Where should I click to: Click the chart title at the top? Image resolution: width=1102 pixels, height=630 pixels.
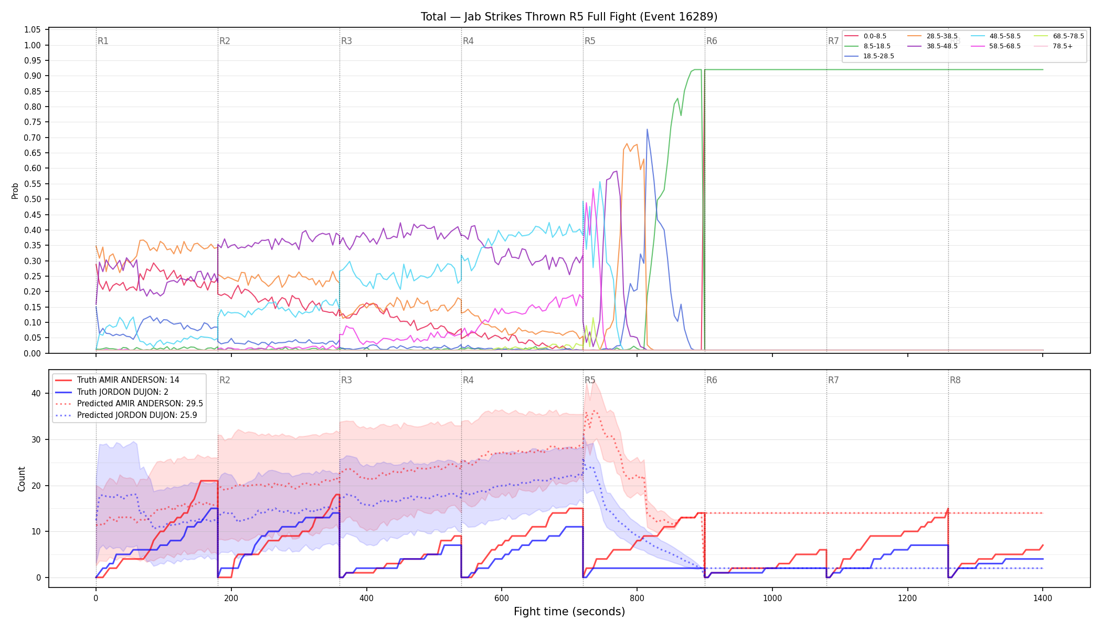point(569,17)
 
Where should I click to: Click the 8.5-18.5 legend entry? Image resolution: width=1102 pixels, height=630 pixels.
point(868,46)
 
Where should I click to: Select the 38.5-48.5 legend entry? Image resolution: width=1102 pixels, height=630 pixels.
point(933,46)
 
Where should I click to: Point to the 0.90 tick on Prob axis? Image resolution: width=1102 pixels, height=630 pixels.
point(33,76)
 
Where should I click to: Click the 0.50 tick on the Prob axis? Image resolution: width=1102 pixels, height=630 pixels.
point(33,199)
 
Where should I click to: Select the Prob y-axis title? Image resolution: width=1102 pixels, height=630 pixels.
point(15,191)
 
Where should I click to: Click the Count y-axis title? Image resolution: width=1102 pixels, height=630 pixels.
point(22,479)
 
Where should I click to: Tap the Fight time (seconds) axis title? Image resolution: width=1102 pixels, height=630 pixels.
point(569,612)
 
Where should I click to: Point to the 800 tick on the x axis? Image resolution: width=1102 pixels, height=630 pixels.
point(637,598)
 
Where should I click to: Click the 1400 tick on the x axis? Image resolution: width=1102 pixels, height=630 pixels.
point(1043,598)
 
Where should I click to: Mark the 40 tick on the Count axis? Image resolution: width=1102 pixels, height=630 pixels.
point(37,394)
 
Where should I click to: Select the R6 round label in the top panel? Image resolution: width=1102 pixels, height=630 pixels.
point(712,41)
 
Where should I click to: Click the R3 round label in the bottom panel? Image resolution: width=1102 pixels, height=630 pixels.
point(346,380)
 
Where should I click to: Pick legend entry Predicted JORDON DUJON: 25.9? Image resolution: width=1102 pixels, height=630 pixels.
point(129,415)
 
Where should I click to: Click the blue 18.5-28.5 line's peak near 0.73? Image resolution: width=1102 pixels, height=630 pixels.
point(647,129)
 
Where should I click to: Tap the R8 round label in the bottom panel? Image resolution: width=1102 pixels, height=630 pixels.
point(955,380)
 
